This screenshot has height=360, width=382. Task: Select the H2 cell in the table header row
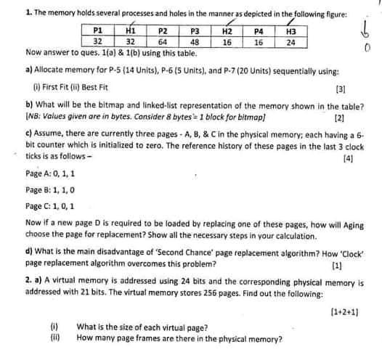click(226, 32)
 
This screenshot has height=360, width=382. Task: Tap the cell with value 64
click(163, 42)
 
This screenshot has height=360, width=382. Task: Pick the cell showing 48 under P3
click(194, 42)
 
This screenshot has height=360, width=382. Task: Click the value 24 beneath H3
click(290, 42)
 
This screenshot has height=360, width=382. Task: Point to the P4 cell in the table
click(258, 32)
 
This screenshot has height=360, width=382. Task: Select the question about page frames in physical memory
click(179, 337)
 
